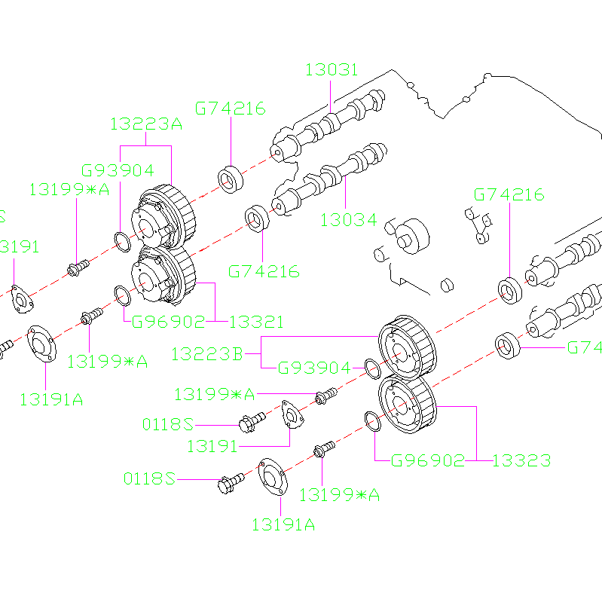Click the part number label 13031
pos(332,70)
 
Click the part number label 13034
pos(348,220)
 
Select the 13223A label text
pos(146,124)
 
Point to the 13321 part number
pos(256,322)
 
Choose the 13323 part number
pos(521,460)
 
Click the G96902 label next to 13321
pos(168,322)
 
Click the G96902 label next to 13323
pos(427,460)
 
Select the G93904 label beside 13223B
pos(315,368)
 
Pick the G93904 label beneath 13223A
pos(118,170)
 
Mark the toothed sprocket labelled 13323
pos(406,405)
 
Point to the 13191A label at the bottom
pos(283,524)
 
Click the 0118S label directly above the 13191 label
pos(168,424)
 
